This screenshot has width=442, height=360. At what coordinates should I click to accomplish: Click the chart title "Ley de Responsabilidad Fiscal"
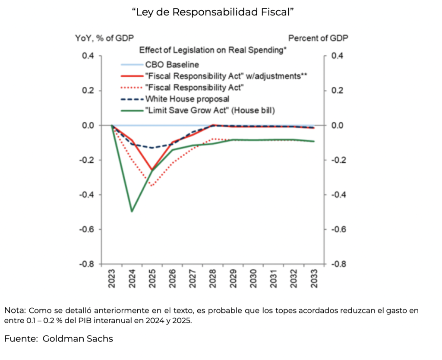point(213,13)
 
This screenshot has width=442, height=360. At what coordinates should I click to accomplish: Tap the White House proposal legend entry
point(181,99)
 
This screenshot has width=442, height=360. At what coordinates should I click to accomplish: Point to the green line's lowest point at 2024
point(132,211)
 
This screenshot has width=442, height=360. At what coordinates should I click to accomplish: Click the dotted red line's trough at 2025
point(152,186)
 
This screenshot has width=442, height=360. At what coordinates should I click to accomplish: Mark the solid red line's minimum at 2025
point(152,170)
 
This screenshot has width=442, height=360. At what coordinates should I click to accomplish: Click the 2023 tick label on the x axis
point(112,279)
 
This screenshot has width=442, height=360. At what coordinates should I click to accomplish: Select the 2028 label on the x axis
point(213,279)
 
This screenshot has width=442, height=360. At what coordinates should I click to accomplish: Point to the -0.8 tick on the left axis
point(89,264)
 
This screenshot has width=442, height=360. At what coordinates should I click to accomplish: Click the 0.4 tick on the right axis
point(338,56)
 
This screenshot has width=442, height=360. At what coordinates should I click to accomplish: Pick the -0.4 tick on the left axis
point(89,195)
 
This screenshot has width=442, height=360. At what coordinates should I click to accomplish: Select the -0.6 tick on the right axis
point(339,229)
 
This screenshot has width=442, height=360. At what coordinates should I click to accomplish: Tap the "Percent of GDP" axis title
point(318,38)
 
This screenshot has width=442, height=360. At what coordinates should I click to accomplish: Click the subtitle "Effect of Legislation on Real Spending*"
point(213,50)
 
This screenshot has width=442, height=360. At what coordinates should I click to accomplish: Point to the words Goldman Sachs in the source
point(78,339)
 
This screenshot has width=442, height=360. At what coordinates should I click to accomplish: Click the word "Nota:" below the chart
point(16,311)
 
